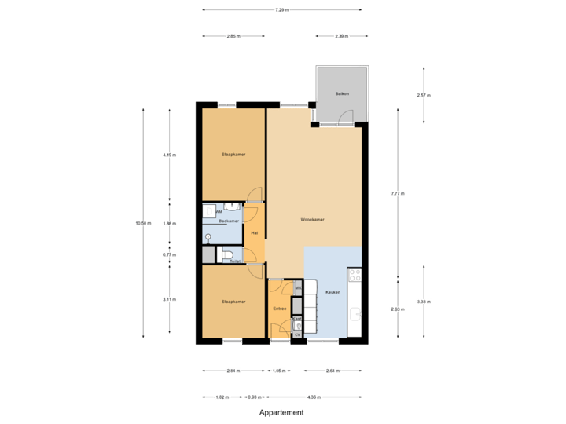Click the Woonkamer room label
(x=314, y=219)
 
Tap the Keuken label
(x=333, y=292)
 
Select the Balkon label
(x=341, y=94)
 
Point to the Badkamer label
(x=229, y=221)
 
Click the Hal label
(x=254, y=233)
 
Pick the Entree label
(x=279, y=309)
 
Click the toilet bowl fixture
(x=227, y=254)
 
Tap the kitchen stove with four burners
(x=355, y=276)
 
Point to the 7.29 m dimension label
(x=281, y=10)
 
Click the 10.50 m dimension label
(x=143, y=223)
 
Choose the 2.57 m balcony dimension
(x=424, y=95)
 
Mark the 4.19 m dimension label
(x=169, y=155)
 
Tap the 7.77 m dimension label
(x=398, y=192)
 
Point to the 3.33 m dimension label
(x=424, y=302)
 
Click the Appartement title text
(x=281, y=412)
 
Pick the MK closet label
(x=298, y=289)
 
